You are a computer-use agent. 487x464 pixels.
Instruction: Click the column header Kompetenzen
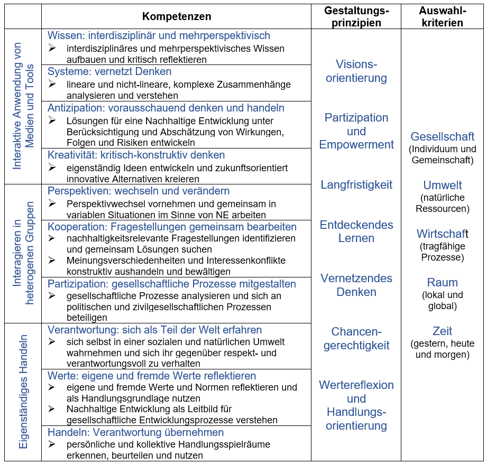pyautogui.click(x=177, y=16)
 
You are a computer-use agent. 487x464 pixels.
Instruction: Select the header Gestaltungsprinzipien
pyautogui.click(x=356, y=16)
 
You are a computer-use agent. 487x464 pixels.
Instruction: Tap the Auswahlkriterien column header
pyautogui.click(x=442, y=16)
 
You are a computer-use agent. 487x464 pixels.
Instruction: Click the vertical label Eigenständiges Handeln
pyautogui.click(x=23, y=392)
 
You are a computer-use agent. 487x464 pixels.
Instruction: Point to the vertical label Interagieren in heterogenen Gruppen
pyautogui.click(x=23, y=254)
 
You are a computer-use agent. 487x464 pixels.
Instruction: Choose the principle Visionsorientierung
pyautogui.click(x=356, y=71)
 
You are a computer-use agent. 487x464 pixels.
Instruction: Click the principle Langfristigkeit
pyautogui.click(x=356, y=185)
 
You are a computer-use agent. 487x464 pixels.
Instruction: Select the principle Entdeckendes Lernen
pyautogui.click(x=356, y=231)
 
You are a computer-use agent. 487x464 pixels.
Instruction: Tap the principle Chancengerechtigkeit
pyautogui.click(x=356, y=338)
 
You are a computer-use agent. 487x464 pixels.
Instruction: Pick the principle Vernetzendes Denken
pyautogui.click(x=356, y=285)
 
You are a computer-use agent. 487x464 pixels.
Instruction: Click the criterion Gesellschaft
pyautogui.click(x=442, y=137)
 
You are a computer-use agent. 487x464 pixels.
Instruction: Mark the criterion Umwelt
pyautogui.click(x=442, y=185)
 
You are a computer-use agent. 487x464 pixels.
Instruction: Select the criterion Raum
pyautogui.click(x=442, y=282)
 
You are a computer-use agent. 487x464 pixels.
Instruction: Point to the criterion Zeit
pyautogui.click(x=442, y=331)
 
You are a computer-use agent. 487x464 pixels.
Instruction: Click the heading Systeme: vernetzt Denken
pyautogui.click(x=109, y=71)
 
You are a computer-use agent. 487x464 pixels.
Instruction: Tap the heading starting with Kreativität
pyautogui.click(x=136, y=155)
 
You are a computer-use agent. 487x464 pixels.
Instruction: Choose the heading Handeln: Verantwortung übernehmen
pyautogui.click(x=135, y=432)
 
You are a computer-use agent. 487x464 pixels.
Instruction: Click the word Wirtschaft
pyautogui.click(x=442, y=234)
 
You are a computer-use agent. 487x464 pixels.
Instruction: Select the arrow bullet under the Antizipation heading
pyautogui.click(x=52, y=120)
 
